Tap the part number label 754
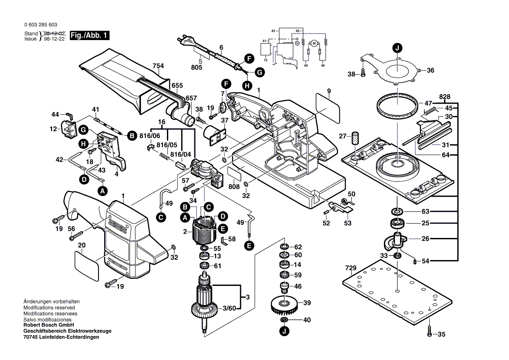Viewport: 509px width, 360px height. (158, 66)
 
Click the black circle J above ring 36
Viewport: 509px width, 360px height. (397, 48)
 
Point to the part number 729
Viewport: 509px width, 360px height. (351, 268)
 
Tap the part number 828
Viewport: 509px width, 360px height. (445, 96)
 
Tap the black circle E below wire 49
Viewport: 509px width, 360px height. (249, 246)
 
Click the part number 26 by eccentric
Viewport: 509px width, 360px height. (424, 239)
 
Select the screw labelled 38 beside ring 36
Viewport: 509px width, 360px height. (363, 75)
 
